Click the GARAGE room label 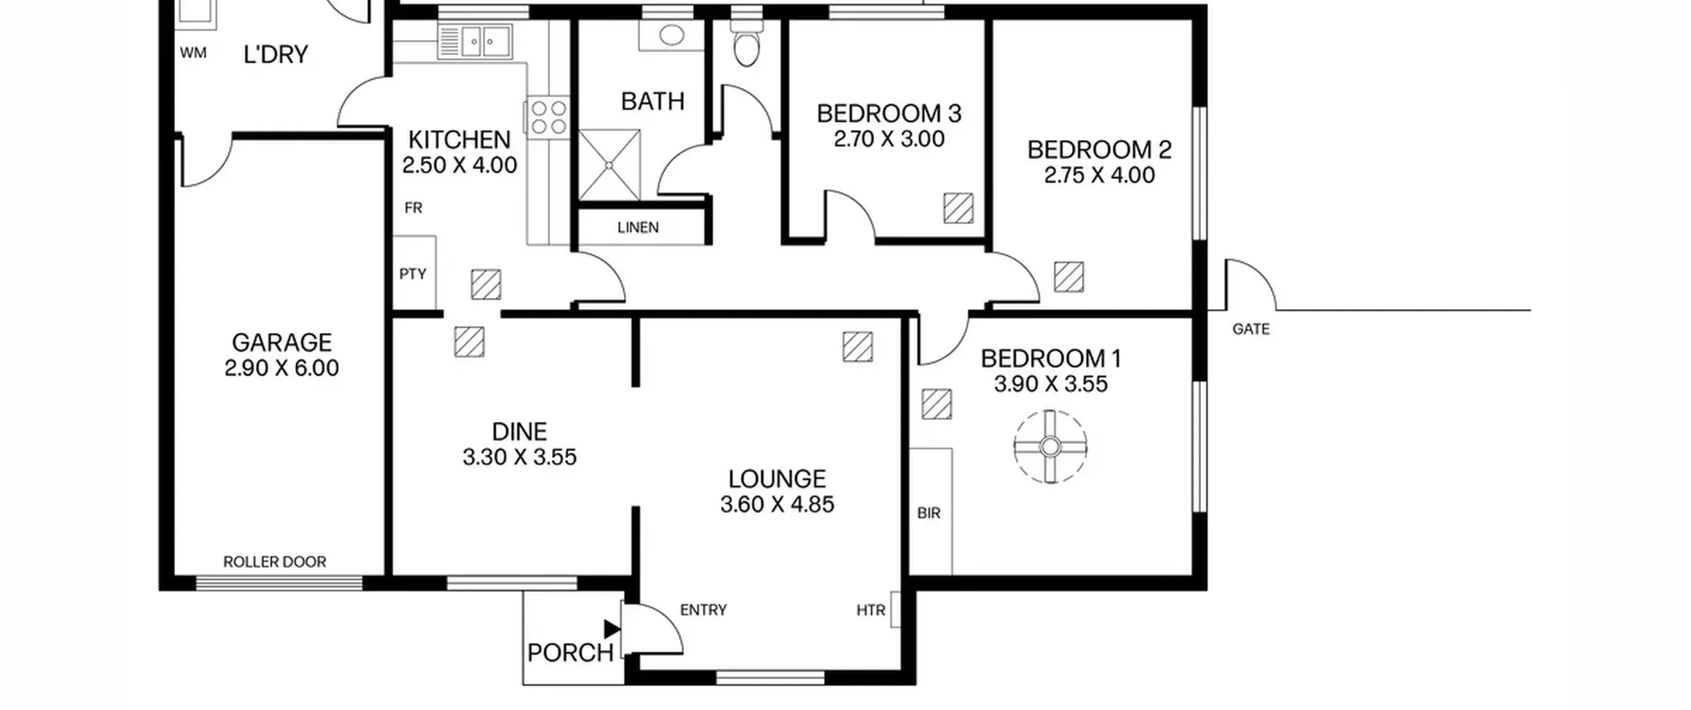[x=281, y=342]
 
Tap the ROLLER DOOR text [x=275, y=562]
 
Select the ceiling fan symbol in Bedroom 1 [x=1050, y=447]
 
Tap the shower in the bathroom [x=610, y=164]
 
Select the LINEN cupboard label [x=638, y=228]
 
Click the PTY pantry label [x=413, y=273]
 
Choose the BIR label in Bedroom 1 [x=929, y=513]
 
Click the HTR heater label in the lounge [x=871, y=610]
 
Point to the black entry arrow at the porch [x=612, y=629]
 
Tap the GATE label [x=1251, y=329]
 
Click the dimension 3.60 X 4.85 [x=777, y=505]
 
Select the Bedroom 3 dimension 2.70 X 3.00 [x=888, y=139]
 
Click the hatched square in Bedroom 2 [x=1069, y=277]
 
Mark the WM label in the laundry [x=193, y=53]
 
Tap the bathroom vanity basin [x=672, y=36]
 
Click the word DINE [x=519, y=432]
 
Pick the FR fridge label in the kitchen [x=414, y=208]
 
